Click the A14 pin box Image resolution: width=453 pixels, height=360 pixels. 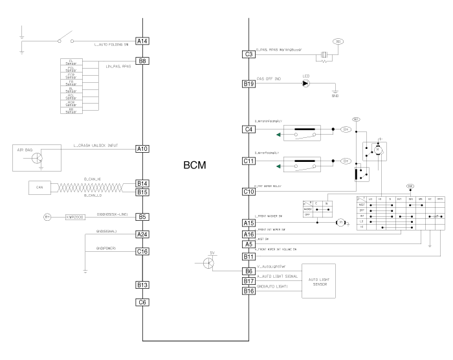tap(143, 41)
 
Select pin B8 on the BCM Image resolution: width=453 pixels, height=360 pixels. tap(143, 62)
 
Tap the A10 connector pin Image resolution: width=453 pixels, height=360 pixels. tap(143, 149)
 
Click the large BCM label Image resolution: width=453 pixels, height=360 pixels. tap(195, 166)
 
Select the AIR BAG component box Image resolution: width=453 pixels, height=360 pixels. tap(36, 158)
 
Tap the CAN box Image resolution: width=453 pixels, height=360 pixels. tap(39, 188)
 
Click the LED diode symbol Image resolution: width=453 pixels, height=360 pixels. tap(305, 84)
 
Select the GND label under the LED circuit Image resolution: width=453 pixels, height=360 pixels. tap(335, 96)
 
